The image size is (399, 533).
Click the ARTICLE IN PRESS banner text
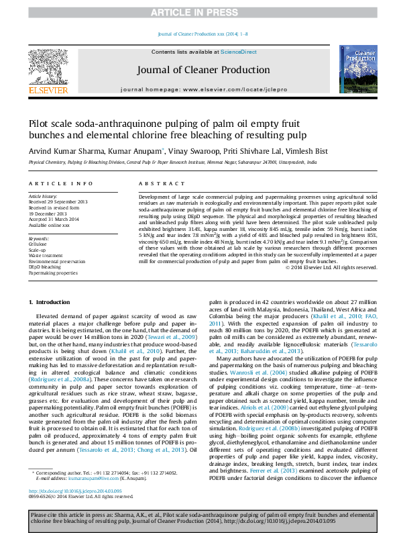[x=199, y=13]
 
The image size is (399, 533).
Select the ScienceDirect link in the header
[x=239, y=52]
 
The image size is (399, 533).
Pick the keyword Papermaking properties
[x=53, y=273]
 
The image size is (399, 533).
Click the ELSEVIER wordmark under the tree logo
[x=47, y=89]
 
